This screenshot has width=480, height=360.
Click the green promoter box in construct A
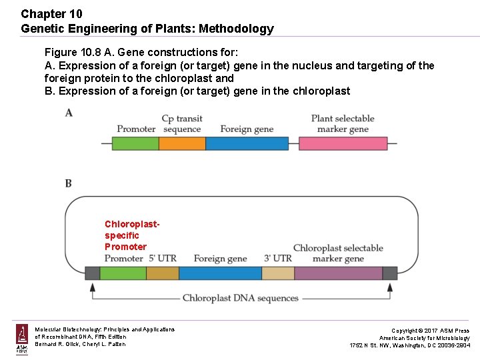[x=135, y=143]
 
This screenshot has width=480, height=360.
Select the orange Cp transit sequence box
[x=182, y=143]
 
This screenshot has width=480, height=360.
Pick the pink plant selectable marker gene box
[x=343, y=143]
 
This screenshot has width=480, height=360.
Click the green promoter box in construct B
[x=123, y=273]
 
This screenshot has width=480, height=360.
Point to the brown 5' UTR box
[x=162, y=273]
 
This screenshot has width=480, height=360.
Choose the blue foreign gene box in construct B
[x=220, y=273]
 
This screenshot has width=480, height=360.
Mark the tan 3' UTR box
[x=278, y=273]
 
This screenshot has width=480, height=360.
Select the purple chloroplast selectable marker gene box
[x=338, y=273]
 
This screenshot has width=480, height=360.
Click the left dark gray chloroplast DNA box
[x=92, y=273]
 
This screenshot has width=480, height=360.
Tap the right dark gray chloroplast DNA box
[x=389, y=273]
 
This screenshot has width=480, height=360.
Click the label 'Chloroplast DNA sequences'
[x=241, y=298]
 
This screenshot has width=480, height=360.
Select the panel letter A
[x=69, y=113]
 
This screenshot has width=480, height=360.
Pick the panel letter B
[x=69, y=183]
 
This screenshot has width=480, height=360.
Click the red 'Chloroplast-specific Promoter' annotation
[x=132, y=235]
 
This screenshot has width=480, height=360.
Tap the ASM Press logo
[x=22, y=339]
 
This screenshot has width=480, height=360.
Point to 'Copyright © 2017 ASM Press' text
[x=430, y=331]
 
